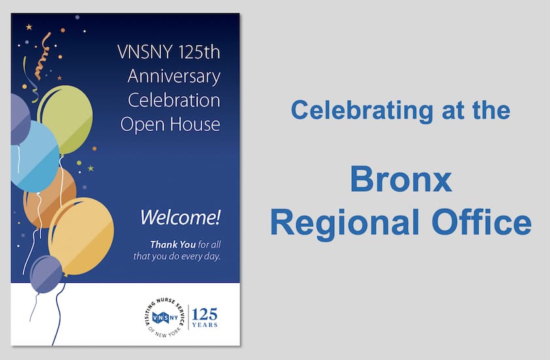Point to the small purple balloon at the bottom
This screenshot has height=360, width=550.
[46, 274]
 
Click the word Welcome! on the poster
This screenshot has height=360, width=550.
[181, 216]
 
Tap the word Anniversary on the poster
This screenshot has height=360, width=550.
[174, 77]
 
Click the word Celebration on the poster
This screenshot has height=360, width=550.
[174, 100]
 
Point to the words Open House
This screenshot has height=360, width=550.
[171, 124]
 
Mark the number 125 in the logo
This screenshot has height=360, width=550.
[205, 312]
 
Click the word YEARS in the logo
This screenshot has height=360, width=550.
[205, 325]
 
